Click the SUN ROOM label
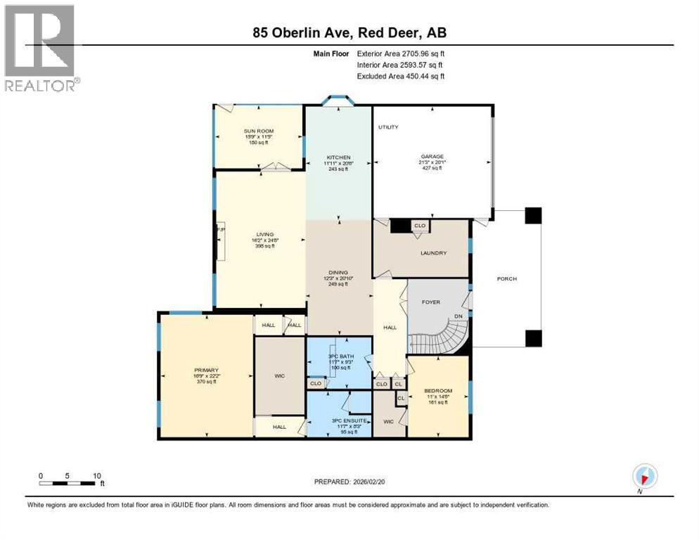pyautogui.click(x=258, y=131)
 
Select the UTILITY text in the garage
pyautogui.click(x=388, y=127)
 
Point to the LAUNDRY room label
pyautogui.click(x=433, y=253)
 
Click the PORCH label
pyautogui.click(x=506, y=279)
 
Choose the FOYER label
pyautogui.click(x=430, y=302)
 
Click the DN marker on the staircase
pyautogui.click(x=458, y=316)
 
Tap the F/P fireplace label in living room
pyautogui.click(x=219, y=229)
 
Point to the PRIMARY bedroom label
pyautogui.click(x=207, y=371)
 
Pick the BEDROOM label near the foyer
pyautogui.click(x=437, y=390)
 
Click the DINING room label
pyautogui.click(x=338, y=272)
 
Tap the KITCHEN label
pyautogui.click(x=338, y=157)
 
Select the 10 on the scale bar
pyautogui.click(x=95, y=475)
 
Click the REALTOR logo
pyautogui.click(x=39, y=47)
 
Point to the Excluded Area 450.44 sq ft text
pyautogui.click(x=401, y=76)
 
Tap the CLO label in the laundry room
pyautogui.click(x=420, y=226)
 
